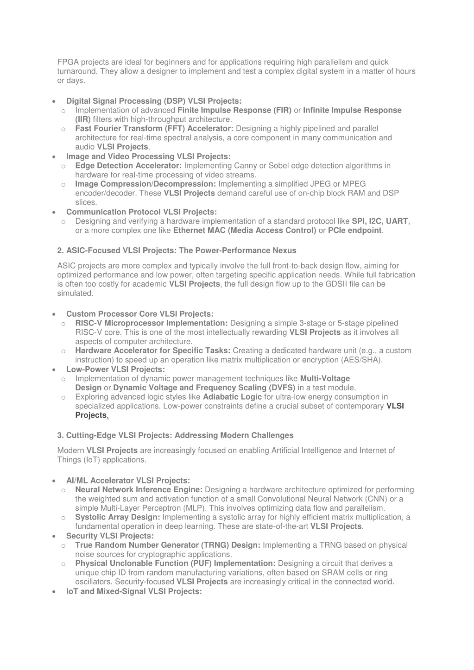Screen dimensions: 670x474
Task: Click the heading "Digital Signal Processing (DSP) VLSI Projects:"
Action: (x=154, y=101)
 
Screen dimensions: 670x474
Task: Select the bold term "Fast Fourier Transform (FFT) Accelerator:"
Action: (x=154, y=128)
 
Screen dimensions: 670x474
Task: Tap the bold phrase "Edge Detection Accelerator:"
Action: (x=128, y=165)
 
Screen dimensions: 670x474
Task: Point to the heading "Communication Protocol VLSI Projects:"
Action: (x=141, y=212)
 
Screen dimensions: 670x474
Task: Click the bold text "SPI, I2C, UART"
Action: (x=380, y=221)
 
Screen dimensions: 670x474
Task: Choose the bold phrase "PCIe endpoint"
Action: (x=355, y=230)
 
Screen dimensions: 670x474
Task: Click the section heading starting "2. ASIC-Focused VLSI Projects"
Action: (x=177, y=250)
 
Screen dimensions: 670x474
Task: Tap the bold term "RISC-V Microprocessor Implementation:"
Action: (x=152, y=323)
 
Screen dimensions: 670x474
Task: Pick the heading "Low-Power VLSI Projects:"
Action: (x=115, y=369)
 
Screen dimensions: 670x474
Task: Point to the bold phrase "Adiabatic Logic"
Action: (x=232, y=397)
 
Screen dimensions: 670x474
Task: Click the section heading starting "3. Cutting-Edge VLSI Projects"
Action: (x=175, y=435)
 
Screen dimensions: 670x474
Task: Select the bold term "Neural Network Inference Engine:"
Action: (x=139, y=489)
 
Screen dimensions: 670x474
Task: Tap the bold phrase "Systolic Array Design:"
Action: (x=118, y=517)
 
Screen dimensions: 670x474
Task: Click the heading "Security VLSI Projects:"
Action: (x=110, y=536)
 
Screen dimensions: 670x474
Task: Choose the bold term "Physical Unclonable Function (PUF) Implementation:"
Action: (x=175, y=564)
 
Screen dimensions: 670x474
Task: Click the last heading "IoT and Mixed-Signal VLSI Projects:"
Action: (x=134, y=591)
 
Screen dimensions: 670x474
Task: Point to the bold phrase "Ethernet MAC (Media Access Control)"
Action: (x=245, y=230)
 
